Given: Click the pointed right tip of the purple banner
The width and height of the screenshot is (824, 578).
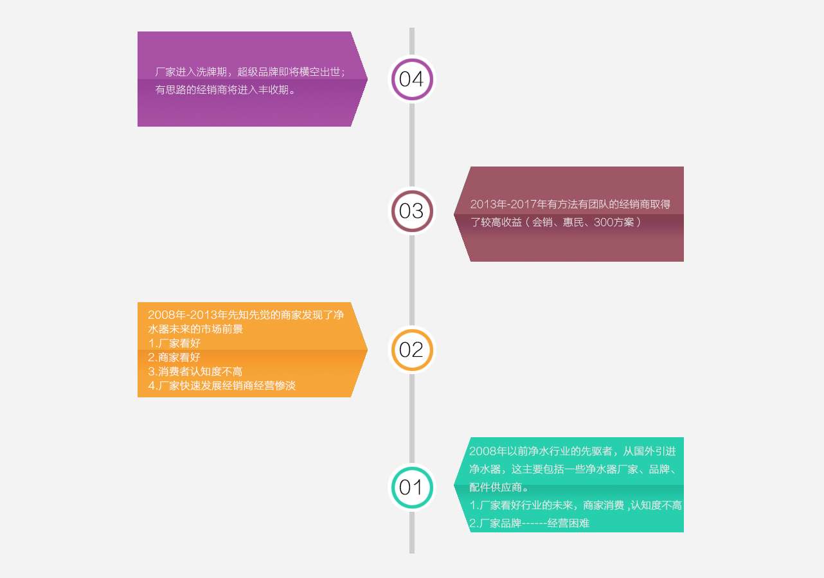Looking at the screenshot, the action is pyautogui.click(x=367, y=78).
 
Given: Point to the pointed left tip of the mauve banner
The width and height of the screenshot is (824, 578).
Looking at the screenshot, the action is pyautogui.click(x=454, y=214).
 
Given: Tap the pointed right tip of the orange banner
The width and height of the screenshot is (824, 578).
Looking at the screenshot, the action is pyautogui.click(x=367, y=350).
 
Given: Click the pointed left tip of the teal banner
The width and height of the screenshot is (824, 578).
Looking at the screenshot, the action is pyautogui.click(x=454, y=485).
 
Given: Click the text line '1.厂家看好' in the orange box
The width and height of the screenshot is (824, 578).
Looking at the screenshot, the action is pyautogui.click(x=174, y=343).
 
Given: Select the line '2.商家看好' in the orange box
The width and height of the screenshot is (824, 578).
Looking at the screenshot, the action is pyautogui.click(x=174, y=357).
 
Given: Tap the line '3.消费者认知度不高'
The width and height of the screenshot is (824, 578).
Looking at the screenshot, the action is pyautogui.click(x=195, y=372).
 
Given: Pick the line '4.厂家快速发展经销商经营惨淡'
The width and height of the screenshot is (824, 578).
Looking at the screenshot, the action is pyautogui.click(x=222, y=386).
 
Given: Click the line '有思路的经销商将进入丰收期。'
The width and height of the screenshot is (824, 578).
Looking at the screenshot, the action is pyautogui.click(x=225, y=90).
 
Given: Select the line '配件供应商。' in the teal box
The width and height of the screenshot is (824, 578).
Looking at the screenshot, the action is pyautogui.click(x=498, y=487).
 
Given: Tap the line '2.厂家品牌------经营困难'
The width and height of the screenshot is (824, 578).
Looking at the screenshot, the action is pyautogui.click(x=530, y=523).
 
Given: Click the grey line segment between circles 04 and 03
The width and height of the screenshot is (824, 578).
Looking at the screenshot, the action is pyautogui.click(x=411, y=145).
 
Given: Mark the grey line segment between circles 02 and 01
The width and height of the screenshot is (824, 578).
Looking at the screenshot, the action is pyautogui.click(x=411, y=419).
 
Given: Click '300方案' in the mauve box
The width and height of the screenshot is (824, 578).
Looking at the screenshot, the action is pyautogui.click(x=614, y=222).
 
